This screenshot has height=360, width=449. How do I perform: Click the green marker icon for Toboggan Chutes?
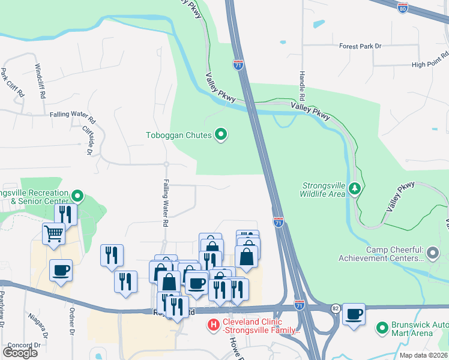pyautogui.click(x=221, y=135)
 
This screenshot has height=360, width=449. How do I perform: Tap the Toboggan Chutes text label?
pyautogui.click(x=179, y=135)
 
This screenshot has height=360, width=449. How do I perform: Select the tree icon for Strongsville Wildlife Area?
pyautogui.click(x=355, y=189)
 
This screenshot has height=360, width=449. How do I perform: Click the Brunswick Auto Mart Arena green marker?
pyautogui.click(x=381, y=328)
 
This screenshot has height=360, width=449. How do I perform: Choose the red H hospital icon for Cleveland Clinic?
pyautogui.click(x=212, y=326)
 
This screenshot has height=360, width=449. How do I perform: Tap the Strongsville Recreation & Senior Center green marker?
pyautogui.click(x=77, y=196)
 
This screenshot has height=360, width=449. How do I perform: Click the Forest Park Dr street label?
pyautogui.click(x=360, y=46)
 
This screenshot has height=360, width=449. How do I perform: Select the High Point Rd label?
pyautogui.click(x=430, y=65)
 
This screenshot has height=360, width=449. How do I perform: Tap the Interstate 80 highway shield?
pyautogui.click(x=402, y=8)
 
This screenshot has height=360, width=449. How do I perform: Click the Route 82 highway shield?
pyautogui.click(x=334, y=308)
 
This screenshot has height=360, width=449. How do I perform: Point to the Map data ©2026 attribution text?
pyautogui.click(x=423, y=355)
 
